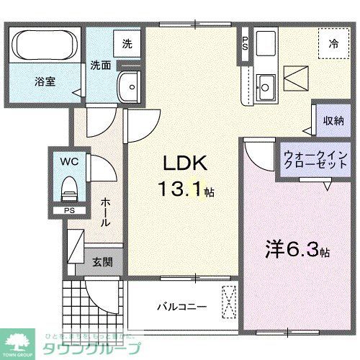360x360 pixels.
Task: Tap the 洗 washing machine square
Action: [127, 43]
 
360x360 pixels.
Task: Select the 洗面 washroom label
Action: [100, 65]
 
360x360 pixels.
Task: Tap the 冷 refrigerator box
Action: [333, 42]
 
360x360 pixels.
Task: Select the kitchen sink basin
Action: [264, 87]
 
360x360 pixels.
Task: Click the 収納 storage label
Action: [333, 121]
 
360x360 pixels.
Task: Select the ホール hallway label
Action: [105, 212]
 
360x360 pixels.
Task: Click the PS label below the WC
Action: [69, 210]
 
